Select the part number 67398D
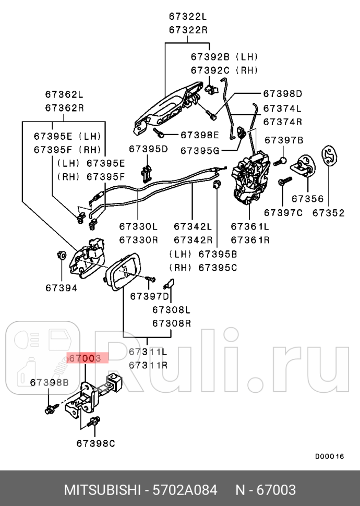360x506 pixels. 282,94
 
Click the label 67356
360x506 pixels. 307,199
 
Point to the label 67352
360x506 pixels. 329,212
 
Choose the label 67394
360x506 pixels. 61,287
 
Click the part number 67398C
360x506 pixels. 95,443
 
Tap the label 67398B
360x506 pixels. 49,382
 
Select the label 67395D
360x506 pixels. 149,149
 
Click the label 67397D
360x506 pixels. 150,296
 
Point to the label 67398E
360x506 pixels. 200,135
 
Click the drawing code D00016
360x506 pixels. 329,456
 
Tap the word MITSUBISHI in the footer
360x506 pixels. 102,490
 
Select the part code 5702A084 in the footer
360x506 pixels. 184,490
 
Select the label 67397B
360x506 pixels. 284,140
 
